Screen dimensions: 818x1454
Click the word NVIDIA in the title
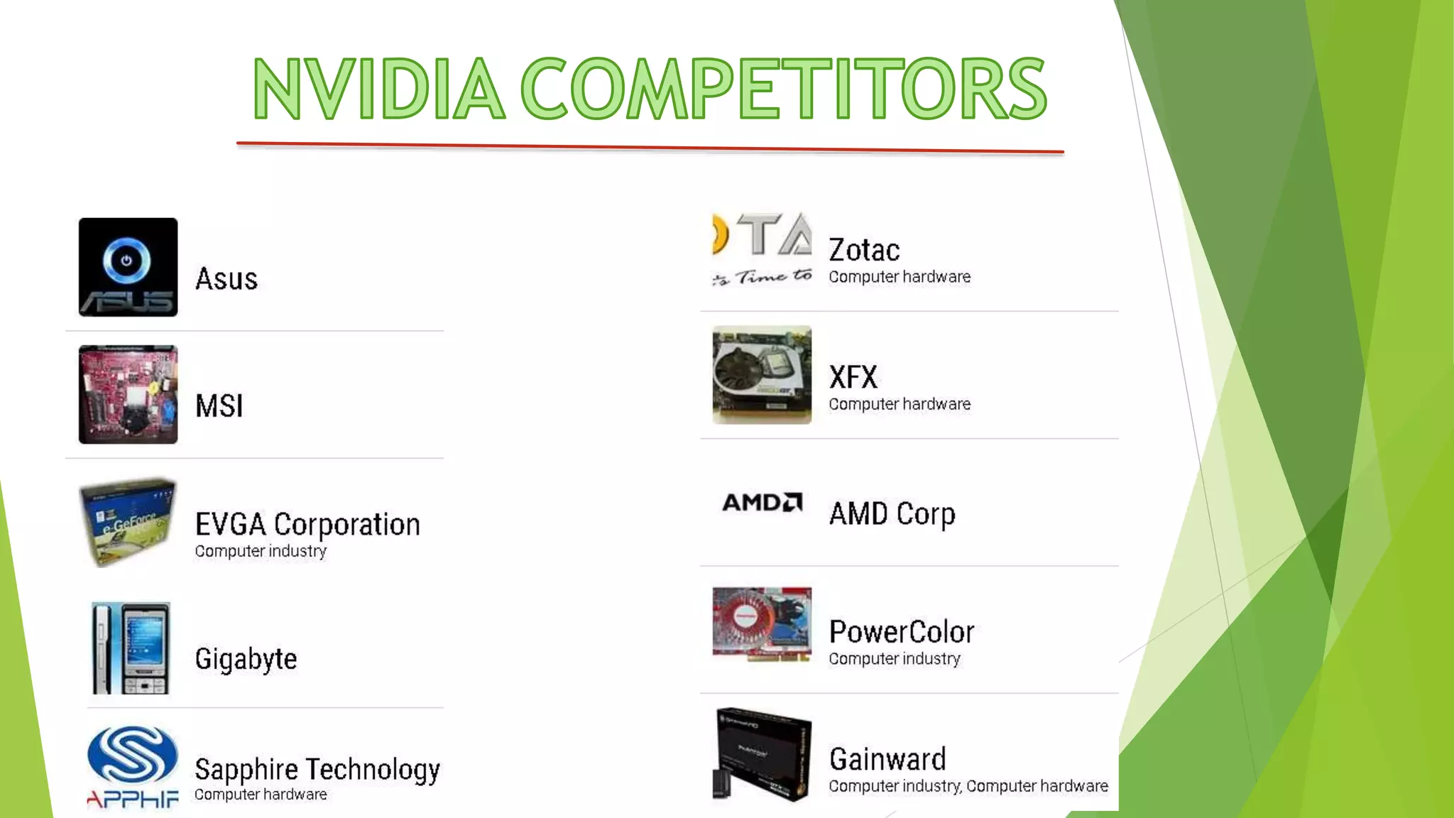(x=378, y=89)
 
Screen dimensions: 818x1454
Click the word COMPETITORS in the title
(x=784, y=89)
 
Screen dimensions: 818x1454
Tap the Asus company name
(x=226, y=279)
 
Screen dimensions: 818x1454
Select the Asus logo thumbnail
(x=128, y=267)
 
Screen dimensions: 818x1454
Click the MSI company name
(x=219, y=406)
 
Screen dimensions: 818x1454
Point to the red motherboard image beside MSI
(x=128, y=395)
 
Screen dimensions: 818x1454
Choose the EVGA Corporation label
(x=307, y=525)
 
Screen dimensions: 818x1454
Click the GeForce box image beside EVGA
(x=128, y=523)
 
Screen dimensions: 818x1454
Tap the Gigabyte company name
(x=246, y=659)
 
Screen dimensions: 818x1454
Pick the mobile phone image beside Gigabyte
(x=131, y=648)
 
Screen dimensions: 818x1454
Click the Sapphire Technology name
(x=317, y=770)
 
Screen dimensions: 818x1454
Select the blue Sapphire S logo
(x=132, y=754)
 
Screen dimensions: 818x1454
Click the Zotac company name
(x=864, y=251)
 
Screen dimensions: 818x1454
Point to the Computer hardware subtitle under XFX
(x=900, y=404)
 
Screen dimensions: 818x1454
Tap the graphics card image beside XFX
(x=762, y=375)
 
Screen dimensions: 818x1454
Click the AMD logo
(x=762, y=503)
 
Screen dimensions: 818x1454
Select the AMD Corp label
(x=892, y=514)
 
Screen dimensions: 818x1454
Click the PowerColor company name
(x=902, y=632)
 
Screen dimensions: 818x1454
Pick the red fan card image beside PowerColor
(x=762, y=623)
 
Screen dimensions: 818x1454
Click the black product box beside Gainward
(x=762, y=754)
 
